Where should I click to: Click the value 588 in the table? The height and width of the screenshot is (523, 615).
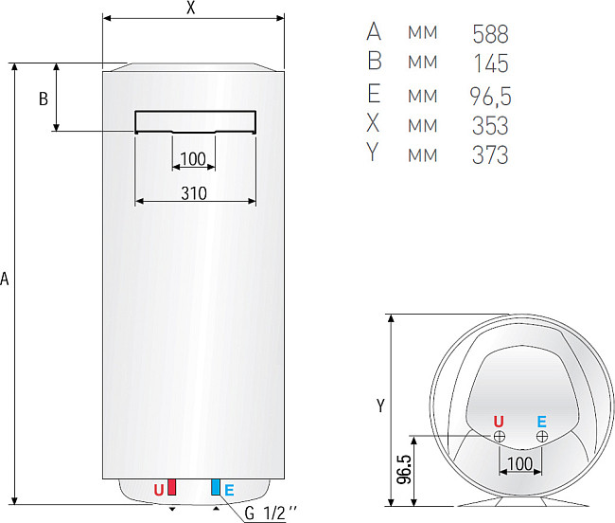point(489,34)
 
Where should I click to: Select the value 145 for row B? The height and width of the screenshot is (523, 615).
point(489,63)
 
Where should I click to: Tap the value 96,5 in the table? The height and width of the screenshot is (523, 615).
point(488,95)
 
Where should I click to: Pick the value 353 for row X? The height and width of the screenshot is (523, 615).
point(489,124)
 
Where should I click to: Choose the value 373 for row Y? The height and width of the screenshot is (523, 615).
point(489,154)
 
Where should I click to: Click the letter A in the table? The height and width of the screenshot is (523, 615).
point(373,34)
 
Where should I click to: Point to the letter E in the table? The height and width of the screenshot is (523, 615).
point(373,95)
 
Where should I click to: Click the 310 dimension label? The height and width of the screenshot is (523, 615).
point(193,192)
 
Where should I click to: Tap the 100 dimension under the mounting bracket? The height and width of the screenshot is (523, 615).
point(192,157)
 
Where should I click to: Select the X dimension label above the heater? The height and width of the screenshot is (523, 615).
point(191,9)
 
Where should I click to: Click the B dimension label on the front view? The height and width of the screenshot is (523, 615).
point(43,99)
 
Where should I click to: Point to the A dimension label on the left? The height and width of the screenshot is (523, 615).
point(6,280)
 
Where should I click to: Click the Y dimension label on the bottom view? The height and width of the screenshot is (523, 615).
point(379,406)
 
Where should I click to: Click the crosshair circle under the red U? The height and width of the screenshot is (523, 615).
point(499,436)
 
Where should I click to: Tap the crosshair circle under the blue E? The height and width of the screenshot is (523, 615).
point(541,436)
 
